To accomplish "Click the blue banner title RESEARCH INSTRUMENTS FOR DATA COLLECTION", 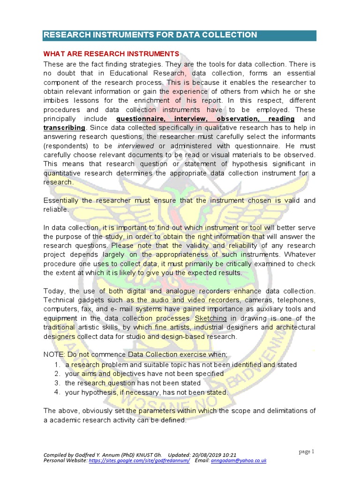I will coord(150,35).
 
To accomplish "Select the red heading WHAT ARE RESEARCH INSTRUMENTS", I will coord(111,54).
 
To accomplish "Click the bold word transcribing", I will coord(64,128).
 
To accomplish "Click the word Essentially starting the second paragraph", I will coord(61,201).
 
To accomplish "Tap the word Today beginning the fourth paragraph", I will coord(53,291).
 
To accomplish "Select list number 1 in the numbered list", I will coord(56,365).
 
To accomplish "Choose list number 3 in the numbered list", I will coord(56,383).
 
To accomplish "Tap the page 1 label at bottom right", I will coord(307,451).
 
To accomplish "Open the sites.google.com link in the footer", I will coord(139,461).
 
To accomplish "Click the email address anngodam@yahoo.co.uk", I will coord(239,461).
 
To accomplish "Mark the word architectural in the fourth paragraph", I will coord(294,327).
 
